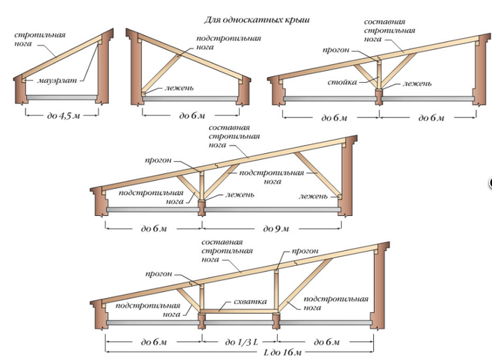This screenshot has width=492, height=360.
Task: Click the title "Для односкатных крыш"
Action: pos(257,20)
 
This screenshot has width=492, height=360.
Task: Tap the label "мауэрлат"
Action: pos(57,81)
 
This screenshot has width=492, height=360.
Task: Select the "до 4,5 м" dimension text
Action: pos(63,116)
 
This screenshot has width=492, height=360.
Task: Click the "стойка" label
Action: pos(343,82)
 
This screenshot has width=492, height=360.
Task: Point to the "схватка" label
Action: pos(250,302)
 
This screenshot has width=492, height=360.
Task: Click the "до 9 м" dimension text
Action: pos(275,229)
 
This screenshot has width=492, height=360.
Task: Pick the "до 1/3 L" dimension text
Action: pos(241,341)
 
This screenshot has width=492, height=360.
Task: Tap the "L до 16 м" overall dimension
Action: pos(282,353)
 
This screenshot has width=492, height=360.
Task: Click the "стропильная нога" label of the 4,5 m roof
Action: pos(40,39)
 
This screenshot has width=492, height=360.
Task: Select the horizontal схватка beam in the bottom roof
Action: pos(238,311)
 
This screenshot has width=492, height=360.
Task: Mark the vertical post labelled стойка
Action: pos(379,74)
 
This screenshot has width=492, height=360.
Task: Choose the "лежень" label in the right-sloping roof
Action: pos(179,87)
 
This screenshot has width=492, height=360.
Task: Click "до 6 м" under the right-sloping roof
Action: pos(192,116)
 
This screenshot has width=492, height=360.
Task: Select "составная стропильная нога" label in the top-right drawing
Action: pos(390,31)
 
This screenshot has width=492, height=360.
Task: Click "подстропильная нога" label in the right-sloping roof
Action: pos(228,43)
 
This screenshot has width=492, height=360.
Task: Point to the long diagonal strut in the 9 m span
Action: pos(317,173)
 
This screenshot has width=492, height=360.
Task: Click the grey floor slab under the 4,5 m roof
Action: pos(62,98)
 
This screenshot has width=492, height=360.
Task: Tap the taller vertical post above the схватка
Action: pos(276,289)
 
